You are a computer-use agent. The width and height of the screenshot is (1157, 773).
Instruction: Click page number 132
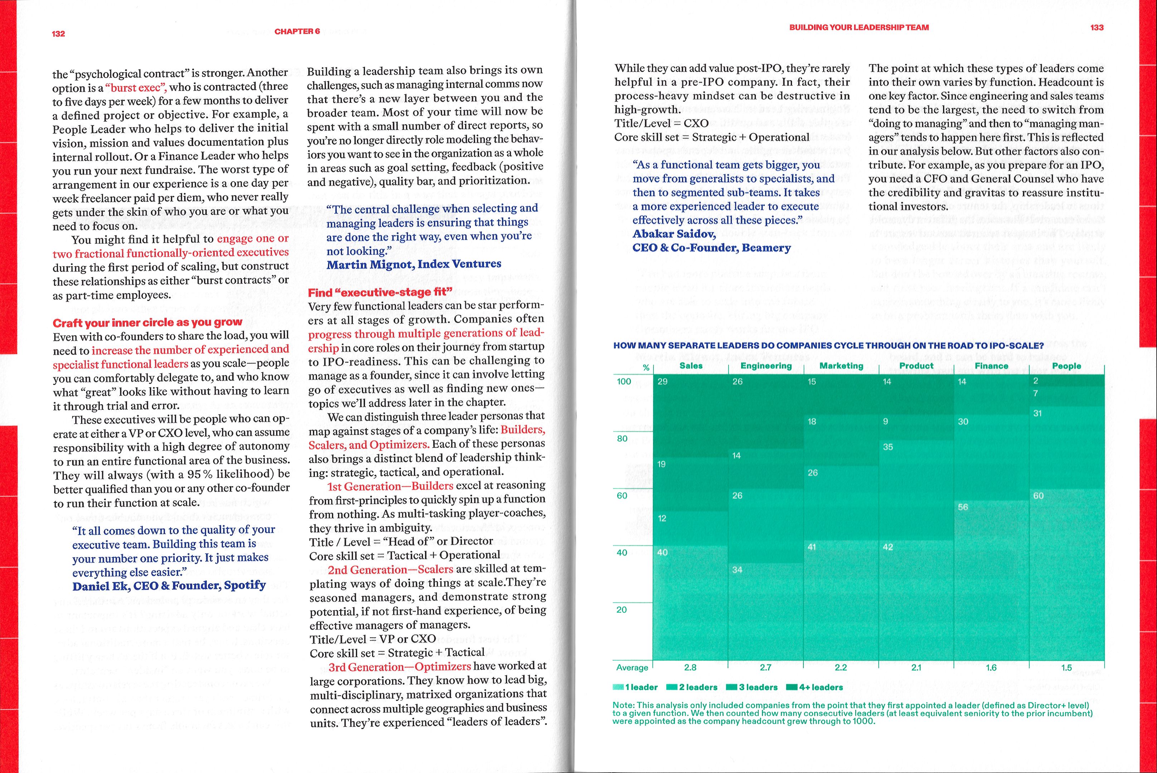click(x=58, y=34)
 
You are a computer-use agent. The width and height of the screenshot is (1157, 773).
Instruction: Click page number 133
click(x=1097, y=28)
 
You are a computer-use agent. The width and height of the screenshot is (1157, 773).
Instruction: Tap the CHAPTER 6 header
click(x=297, y=31)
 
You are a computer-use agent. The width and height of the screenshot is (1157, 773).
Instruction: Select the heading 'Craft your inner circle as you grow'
click(x=147, y=323)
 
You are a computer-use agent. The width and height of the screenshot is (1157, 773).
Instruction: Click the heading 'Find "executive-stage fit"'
click(x=380, y=292)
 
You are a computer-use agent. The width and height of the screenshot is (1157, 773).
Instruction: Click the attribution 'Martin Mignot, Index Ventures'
click(x=414, y=264)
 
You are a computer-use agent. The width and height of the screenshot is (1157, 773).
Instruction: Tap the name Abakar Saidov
click(x=674, y=234)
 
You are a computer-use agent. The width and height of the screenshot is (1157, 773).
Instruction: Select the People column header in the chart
click(x=1066, y=366)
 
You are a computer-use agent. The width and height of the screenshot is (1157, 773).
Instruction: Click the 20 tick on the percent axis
click(x=621, y=610)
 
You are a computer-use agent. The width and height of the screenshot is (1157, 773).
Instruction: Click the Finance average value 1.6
click(x=991, y=667)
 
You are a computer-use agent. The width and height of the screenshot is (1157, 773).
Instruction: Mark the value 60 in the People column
click(x=1038, y=495)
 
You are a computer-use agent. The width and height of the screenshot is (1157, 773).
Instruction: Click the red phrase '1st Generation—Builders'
click(x=390, y=486)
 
